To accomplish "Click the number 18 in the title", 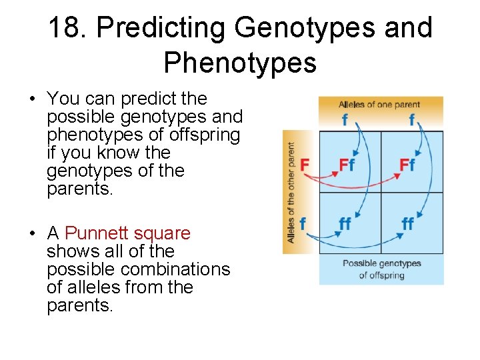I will click(67, 28).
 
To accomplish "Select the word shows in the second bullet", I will click(68, 251).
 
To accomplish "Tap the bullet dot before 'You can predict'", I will click(32, 99).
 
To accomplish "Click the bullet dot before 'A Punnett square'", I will click(32, 234).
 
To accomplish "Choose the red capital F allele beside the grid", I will click(305, 164).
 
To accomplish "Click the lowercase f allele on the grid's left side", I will click(303, 223).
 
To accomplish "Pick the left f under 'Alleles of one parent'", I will click(345, 121).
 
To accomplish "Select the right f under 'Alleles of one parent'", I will click(412, 121).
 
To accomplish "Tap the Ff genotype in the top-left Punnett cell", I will click(347, 165).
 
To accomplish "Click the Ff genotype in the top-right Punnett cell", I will click(408, 165).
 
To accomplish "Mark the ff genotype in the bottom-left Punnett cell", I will click(345, 224).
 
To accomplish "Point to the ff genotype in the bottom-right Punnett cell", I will click(407, 224).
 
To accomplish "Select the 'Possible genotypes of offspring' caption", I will click(381, 269).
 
